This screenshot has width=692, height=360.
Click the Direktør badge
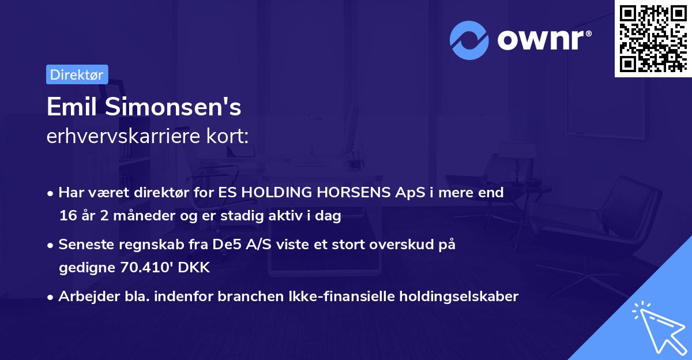77,74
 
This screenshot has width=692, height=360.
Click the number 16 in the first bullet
67,216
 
